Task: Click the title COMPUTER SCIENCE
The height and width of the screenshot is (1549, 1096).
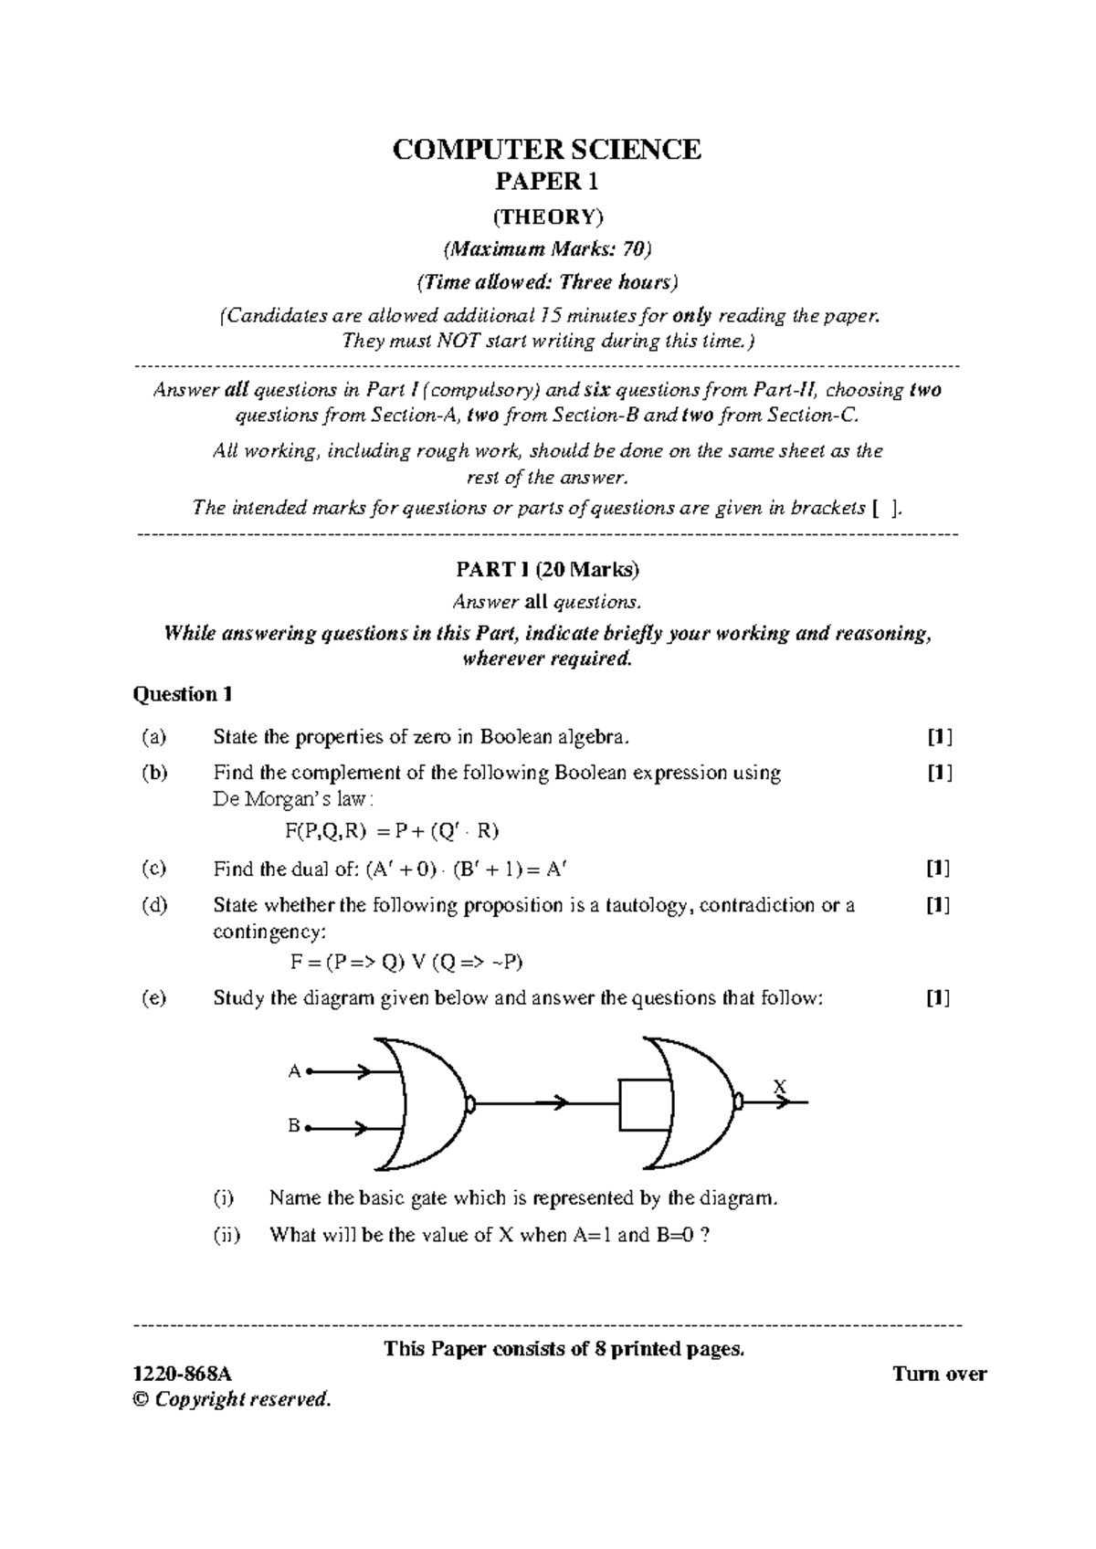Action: (546, 149)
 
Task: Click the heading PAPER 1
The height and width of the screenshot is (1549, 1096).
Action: (546, 181)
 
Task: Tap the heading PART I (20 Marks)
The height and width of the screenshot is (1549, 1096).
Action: (547, 570)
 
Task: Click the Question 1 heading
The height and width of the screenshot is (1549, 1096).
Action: (183, 694)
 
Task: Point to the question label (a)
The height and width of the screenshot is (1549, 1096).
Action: (154, 736)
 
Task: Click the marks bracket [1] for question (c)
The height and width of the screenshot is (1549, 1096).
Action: (938, 869)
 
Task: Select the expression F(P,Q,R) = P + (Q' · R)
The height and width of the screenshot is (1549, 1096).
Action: (392, 831)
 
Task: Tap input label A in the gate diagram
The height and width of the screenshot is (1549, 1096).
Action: (294, 1071)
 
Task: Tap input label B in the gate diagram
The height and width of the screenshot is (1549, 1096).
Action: (294, 1127)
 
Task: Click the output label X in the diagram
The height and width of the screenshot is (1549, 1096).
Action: (779, 1087)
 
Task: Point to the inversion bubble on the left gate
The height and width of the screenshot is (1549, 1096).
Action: (470, 1104)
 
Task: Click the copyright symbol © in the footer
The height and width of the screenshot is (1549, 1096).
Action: (141, 1399)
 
